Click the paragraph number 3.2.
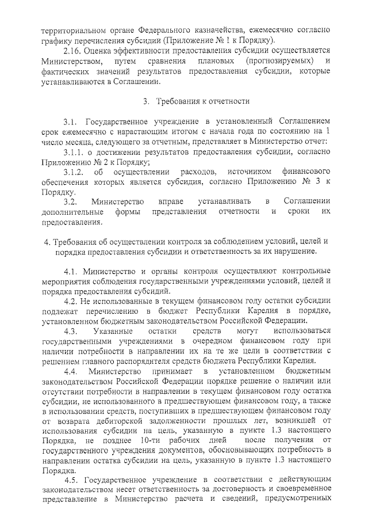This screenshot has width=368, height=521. [x=71, y=201]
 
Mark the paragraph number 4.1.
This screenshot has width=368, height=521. [x=71, y=271]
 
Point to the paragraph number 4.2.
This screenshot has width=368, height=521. [x=71, y=301]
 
